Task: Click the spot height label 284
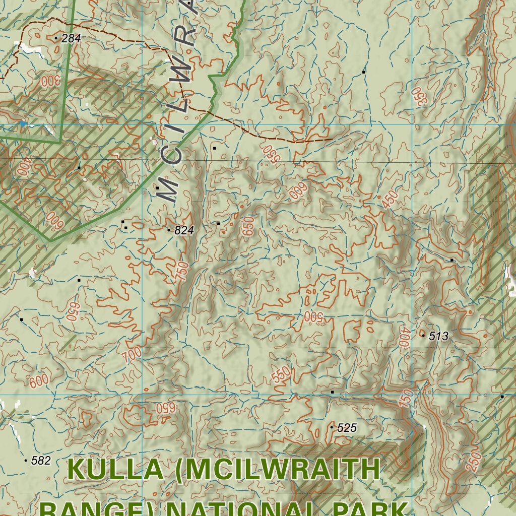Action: point(71,38)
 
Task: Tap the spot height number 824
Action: point(184,231)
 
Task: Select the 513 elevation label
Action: point(438,337)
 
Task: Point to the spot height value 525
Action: point(347,428)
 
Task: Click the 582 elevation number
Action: point(41,461)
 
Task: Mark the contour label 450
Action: point(390,200)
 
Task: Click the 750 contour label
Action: point(183,273)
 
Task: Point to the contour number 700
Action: point(132,354)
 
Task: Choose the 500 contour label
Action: point(313,316)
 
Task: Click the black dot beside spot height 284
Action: point(55,38)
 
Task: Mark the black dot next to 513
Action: point(423,335)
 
